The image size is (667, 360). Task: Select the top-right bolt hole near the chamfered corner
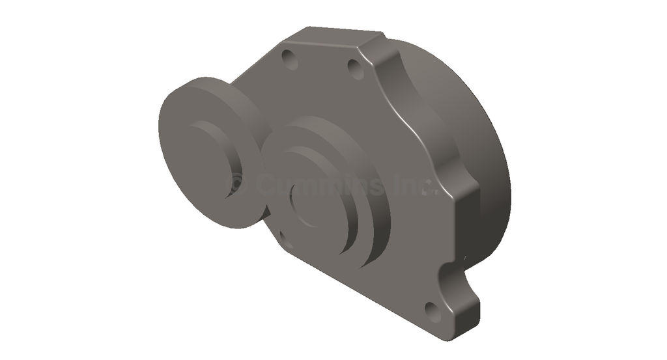coord(356,68)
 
